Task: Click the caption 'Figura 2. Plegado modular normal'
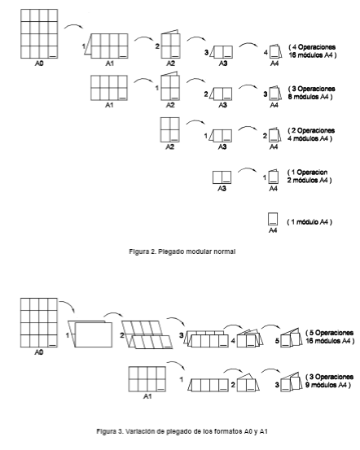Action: coord(182,251)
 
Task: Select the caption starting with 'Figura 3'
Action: coord(182,431)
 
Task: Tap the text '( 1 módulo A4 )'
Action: coord(310,222)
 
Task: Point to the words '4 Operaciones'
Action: coord(314,47)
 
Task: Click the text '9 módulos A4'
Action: coord(327,385)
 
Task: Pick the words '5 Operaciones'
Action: coord(331,333)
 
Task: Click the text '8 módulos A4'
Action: coord(309,97)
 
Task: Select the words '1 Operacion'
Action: coord(310,173)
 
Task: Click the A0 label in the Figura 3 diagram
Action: coord(39,352)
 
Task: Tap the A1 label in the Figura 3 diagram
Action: coord(147,396)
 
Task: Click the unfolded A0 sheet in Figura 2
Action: coord(39,34)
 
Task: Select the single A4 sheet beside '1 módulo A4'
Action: coord(273,219)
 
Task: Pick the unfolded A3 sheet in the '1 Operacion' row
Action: coord(222,177)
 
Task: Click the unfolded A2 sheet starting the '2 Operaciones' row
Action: coord(170,129)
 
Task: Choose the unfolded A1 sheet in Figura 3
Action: coord(147,379)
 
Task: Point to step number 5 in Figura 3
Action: coord(277,341)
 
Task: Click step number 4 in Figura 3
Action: coord(233,341)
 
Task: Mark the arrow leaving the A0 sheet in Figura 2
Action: coord(73,26)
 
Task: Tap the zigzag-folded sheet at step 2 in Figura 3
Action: coord(147,334)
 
